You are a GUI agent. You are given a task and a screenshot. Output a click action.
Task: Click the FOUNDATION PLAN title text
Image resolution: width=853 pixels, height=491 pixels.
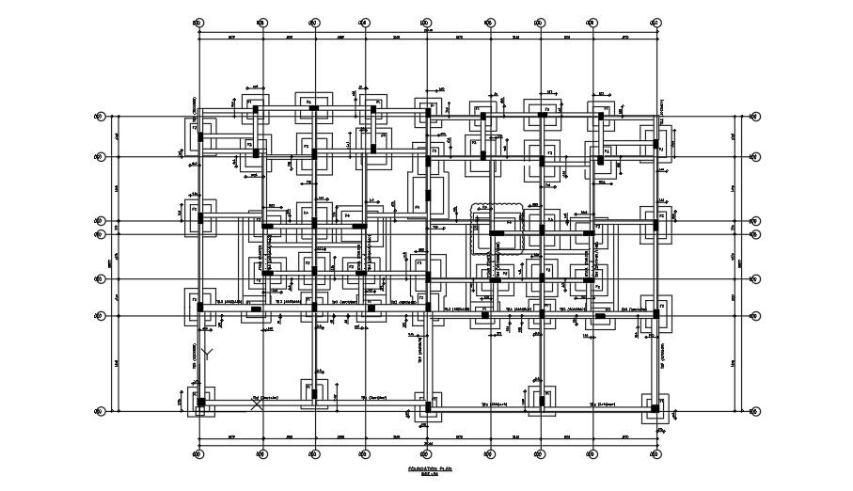[x=430, y=467]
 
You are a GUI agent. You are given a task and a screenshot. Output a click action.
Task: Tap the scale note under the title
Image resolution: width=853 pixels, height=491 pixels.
[x=430, y=474]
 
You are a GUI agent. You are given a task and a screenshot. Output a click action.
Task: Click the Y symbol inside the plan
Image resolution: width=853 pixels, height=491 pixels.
[x=211, y=354]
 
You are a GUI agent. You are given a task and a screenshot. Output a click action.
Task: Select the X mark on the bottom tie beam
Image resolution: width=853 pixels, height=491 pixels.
[x=255, y=404]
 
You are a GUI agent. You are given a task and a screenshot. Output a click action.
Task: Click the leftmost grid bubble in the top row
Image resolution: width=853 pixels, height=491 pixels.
[x=197, y=21]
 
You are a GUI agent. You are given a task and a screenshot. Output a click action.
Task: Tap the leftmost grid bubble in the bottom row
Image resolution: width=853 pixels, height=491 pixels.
[x=197, y=455]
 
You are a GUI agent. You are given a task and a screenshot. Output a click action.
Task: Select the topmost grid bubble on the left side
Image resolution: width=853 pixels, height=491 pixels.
[x=98, y=117]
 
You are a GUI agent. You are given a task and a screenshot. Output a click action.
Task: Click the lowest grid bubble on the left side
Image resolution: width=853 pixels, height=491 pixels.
[x=98, y=411]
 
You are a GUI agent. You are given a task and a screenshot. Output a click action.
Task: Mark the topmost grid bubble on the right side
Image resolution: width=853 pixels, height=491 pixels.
[x=752, y=117]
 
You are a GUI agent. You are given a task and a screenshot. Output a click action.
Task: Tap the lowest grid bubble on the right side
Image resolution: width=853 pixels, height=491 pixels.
[x=752, y=411]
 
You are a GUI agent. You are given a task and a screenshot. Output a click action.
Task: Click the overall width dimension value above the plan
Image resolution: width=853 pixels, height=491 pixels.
[x=428, y=29]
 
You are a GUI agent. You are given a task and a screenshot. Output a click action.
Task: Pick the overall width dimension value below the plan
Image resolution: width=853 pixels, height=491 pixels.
[x=428, y=445]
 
